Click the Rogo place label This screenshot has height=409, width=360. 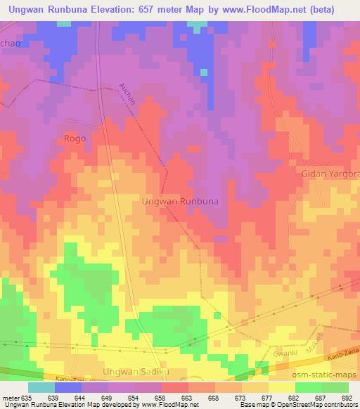coord(75,138)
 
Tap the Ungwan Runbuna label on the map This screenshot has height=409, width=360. coord(182,201)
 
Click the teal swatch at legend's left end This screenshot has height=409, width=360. coord(41,387)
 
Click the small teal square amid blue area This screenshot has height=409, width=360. coord(203,72)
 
